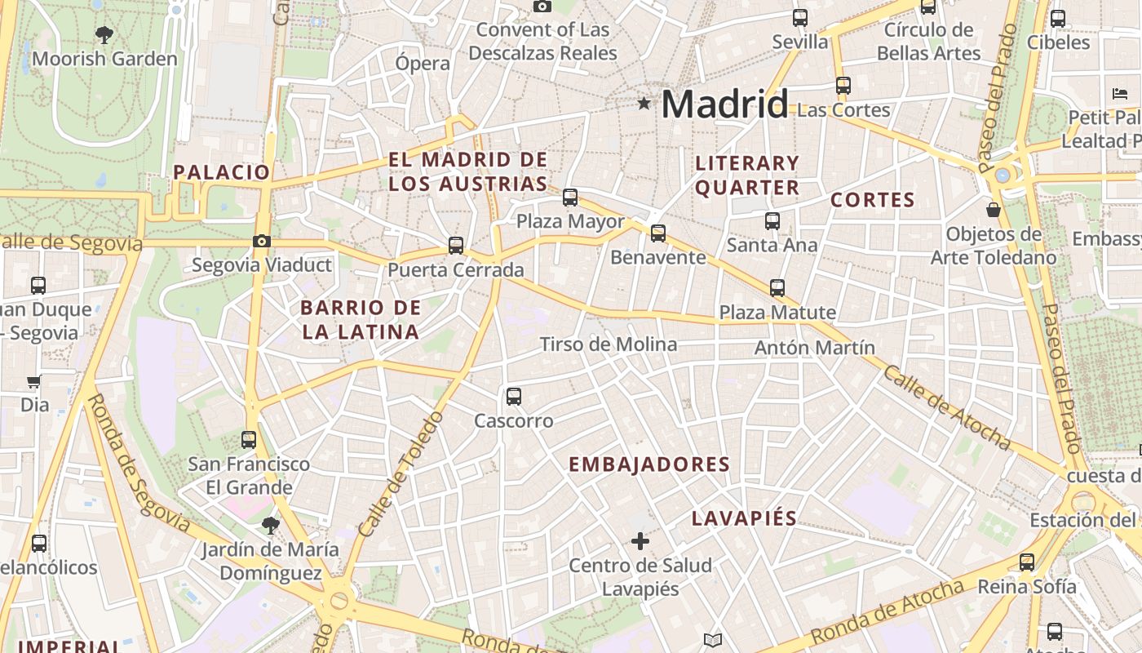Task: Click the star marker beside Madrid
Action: coord(644,104)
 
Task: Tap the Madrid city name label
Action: coord(724,104)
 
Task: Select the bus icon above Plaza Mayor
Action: coord(570,197)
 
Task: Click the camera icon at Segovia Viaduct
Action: coord(262,241)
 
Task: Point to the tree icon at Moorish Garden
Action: coord(104,34)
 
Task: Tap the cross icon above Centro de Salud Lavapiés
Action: coord(640,540)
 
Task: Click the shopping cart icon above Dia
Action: coord(34,381)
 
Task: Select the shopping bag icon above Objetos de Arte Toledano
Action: coord(994,210)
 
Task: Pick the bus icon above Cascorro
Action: coord(513,397)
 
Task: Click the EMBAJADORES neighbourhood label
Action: coord(648,464)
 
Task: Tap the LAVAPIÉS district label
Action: coord(744,518)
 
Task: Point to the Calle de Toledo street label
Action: coord(401,475)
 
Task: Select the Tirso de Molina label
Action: coord(609,344)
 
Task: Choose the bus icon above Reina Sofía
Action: coord(1027,562)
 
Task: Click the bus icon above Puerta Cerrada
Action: coord(456,245)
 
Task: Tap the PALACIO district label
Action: coord(221,172)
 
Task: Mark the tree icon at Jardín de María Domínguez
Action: coord(270,526)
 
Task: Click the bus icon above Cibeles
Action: coord(1058,18)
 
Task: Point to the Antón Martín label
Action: coord(814,348)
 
